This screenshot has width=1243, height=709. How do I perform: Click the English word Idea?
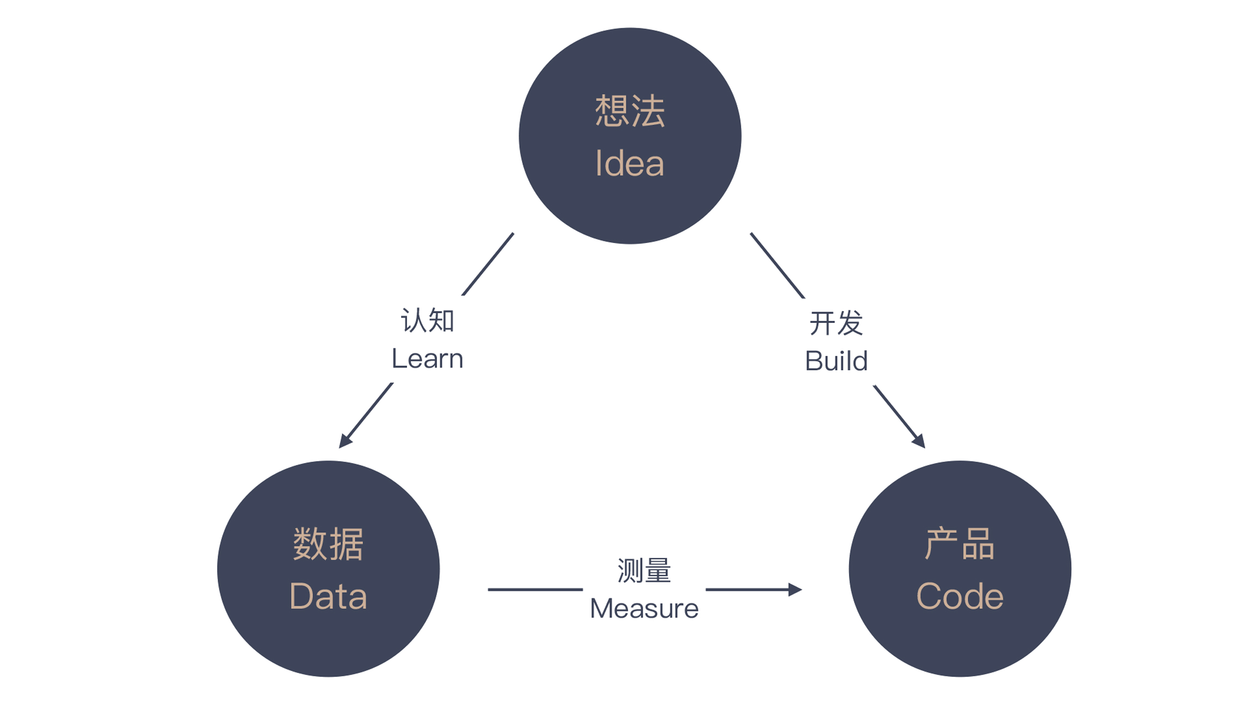click(x=630, y=163)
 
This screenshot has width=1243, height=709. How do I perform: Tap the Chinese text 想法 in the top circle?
click(x=630, y=111)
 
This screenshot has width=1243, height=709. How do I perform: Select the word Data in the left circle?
click(x=328, y=596)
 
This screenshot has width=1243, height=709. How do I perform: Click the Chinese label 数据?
click(x=328, y=544)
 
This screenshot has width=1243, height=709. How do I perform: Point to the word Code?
click(x=959, y=596)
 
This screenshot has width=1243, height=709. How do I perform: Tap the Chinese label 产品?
click(x=959, y=544)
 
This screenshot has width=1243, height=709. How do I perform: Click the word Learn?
click(x=427, y=359)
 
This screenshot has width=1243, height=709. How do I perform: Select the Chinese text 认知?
click(x=427, y=320)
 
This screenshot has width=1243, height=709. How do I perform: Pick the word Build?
click(x=836, y=361)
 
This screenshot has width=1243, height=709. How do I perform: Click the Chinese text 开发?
click(x=836, y=323)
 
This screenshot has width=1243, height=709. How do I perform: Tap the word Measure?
click(x=644, y=608)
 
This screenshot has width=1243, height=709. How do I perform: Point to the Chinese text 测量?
click(x=644, y=571)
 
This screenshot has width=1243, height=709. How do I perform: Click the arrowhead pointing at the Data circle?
click(x=344, y=441)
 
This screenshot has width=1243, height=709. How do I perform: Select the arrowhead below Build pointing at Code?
click(x=919, y=441)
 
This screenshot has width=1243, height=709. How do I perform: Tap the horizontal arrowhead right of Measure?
click(x=796, y=589)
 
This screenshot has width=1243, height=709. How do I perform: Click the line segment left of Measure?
click(x=535, y=589)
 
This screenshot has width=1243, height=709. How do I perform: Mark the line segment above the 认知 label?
click(x=488, y=264)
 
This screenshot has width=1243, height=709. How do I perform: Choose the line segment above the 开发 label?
click(x=777, y=265)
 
